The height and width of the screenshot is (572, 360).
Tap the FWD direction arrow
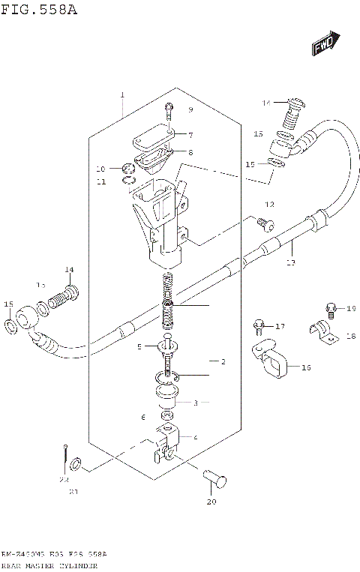tap(325, 44)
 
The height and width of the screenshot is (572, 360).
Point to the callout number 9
tap(190, 110)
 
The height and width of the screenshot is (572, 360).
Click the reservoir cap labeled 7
tap(153, 139)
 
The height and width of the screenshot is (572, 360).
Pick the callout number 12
tap(269, 205)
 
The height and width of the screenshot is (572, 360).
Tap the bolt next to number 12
tap(262, 222)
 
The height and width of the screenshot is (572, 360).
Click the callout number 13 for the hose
tap(291, 262)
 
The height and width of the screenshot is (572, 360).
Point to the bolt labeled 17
tap(258, 326)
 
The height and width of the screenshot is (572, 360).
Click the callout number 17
tap(280, 326)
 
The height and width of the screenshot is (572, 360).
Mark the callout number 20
tap(211, 503)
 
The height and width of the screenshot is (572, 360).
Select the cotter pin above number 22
tap(66, 453)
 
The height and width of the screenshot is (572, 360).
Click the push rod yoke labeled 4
tap(168, 442)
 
